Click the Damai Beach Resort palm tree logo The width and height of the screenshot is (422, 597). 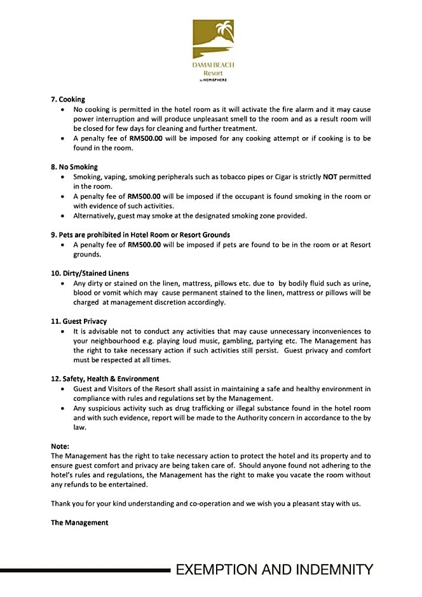tap(214, 39)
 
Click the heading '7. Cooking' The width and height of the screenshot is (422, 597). tap(68, 100)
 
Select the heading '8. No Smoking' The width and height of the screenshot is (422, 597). tap(74, 167)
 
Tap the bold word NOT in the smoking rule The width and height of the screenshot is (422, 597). tap(330, 177)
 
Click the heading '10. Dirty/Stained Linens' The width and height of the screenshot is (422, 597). tap(93, 273)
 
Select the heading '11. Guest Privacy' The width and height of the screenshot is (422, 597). tap(79, 321)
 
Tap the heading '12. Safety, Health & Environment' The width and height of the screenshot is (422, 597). tap(105, 379)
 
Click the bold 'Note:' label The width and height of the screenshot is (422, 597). tap(60, 446)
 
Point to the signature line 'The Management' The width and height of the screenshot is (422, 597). tap(79, 523)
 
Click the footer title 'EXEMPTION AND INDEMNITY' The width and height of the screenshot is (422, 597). tap(274, 570)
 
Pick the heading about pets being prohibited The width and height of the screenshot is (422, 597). tap(140, 235)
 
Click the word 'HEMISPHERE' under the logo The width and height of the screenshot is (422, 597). tap(215, 80)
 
